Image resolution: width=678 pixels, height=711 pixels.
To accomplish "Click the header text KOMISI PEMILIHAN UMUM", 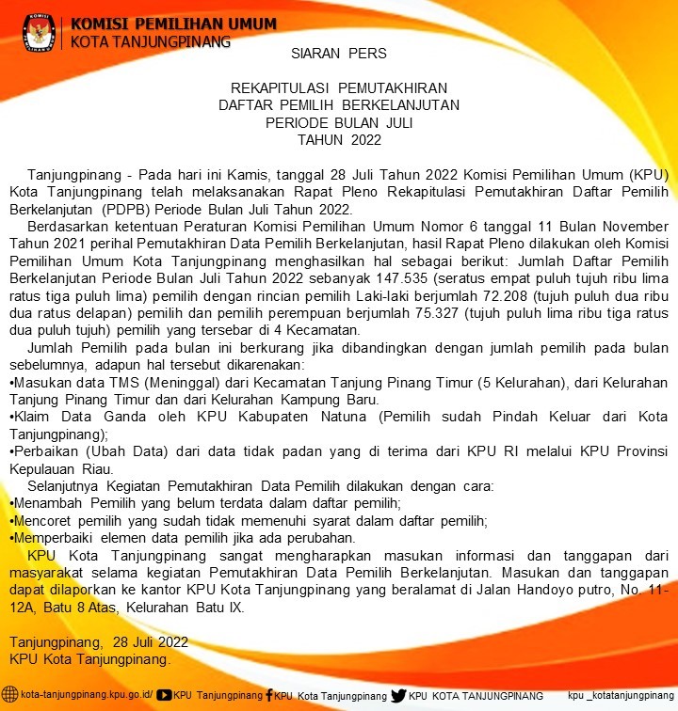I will (x=173, y=24).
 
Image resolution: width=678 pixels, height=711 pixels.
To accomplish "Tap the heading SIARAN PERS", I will (x=338, y=53).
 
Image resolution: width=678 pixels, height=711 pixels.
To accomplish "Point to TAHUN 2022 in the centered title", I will (x=338, y=140).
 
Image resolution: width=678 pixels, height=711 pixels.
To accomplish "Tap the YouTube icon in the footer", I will (x=164, y=695).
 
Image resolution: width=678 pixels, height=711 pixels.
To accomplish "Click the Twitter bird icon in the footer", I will (x=398, y=695).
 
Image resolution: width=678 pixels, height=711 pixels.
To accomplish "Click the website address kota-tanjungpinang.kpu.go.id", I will (x=86, y=696).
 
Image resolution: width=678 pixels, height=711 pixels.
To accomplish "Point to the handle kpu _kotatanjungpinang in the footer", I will (x=621, y=696).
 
